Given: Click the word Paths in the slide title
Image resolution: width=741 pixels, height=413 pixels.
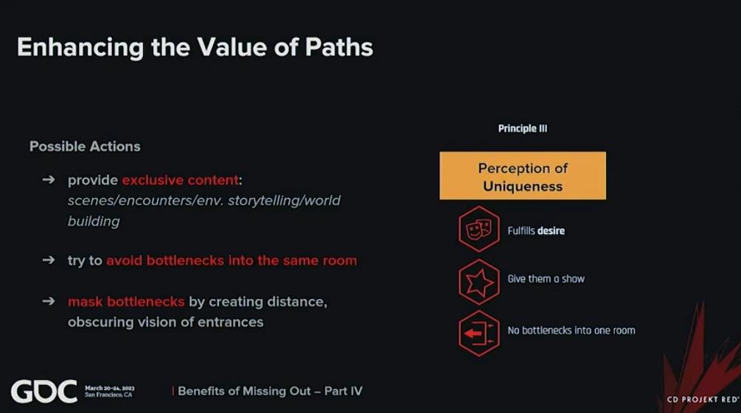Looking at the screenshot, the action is click(339, 47).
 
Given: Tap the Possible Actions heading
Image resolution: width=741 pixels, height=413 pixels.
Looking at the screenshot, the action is click(85, 147).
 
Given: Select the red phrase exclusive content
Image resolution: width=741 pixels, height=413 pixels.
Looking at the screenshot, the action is click(180, 180).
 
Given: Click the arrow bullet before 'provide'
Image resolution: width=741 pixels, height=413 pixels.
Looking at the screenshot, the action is click(49, 180).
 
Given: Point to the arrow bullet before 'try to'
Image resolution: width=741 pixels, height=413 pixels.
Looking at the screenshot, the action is click(49, 260).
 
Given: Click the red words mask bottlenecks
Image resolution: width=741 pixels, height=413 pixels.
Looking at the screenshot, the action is click(126, 301).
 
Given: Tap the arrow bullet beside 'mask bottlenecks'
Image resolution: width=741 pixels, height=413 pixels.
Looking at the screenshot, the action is click(49, 301).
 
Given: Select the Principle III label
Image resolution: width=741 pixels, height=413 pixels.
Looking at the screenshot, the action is click(523, 128).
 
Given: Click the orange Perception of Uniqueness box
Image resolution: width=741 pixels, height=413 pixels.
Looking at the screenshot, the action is click(523, 176).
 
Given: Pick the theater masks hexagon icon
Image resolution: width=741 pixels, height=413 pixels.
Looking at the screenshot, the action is click(479, 230).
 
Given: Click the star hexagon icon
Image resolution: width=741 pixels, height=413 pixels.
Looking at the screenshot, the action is click(479, 282).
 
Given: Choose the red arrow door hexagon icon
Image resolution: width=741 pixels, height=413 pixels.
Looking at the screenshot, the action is click(479, 333).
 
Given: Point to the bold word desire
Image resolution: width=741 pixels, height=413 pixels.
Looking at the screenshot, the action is click(551, 231).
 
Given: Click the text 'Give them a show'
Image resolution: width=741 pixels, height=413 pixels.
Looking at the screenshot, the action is click(546, 279).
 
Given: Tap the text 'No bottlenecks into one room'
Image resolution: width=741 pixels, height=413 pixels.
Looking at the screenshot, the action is click(571, 331).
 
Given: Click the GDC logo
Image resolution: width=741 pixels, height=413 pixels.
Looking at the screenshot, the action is click(44, 392).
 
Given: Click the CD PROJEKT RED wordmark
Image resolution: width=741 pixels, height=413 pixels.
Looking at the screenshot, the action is click(703, 399).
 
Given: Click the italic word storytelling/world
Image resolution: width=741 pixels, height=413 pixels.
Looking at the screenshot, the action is click(284, 200).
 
